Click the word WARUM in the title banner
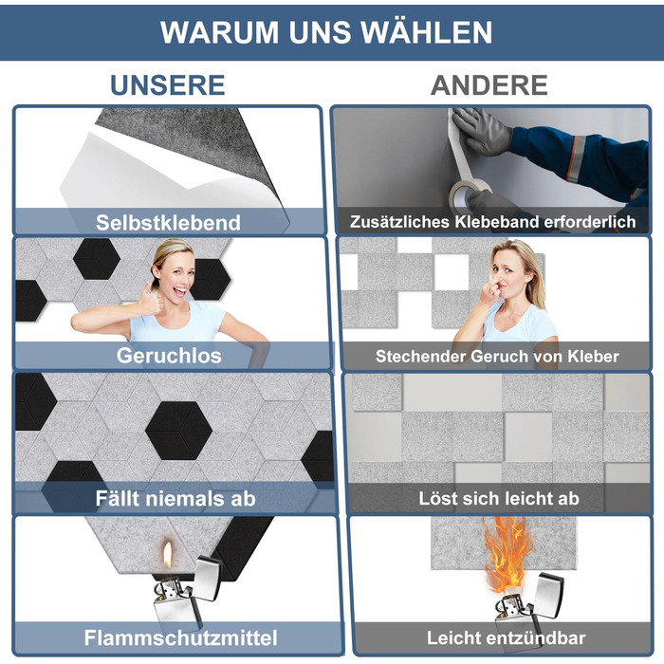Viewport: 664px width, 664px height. point(219,32)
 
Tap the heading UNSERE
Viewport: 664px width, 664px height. point(168,85)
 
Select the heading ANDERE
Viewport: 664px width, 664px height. point(489,85)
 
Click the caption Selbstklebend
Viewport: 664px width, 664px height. point(168,222)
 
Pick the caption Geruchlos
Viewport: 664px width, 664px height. point(169,356)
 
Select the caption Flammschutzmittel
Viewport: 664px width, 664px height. point(181,637)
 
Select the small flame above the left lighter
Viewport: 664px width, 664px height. point(168,554)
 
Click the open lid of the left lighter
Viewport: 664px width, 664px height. point(208,578)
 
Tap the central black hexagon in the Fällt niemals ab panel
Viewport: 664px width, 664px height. point(178,430)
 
